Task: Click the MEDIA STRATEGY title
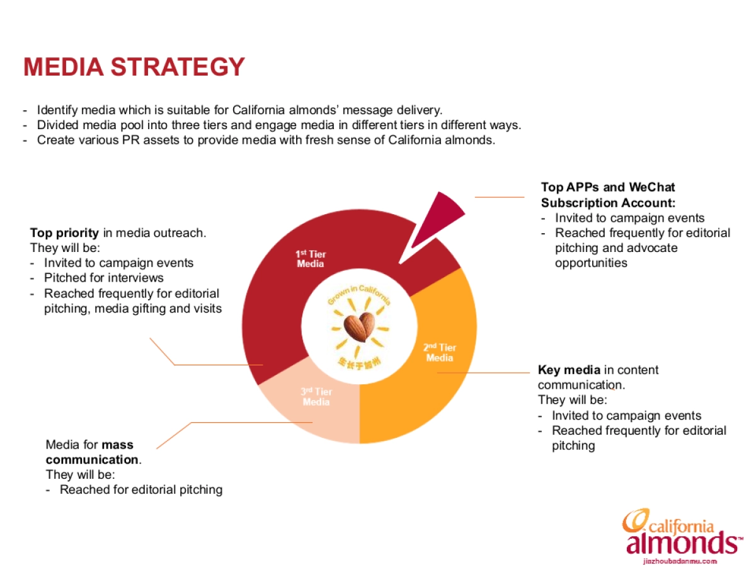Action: click(134, 67)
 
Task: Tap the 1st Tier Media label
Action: click(311, 259)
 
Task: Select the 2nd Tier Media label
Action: click(440, 353)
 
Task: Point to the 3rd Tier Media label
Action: click(316, 397)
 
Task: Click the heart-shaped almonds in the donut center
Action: click(359, 327)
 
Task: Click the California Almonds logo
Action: click(682, 532)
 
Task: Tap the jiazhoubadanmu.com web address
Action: click(680, 561)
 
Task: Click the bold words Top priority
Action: click(64, 233)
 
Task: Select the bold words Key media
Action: click(570, 370)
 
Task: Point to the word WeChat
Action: click(652, 187)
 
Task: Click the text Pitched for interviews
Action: click(104, 278)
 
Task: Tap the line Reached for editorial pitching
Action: click(141, 490)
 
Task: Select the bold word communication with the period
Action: click(94, 460)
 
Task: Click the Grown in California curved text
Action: click(359, 294)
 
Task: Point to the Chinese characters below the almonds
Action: click(359, 363)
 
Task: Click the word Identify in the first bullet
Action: click(57, 110)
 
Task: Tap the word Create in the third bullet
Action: click(56, 140)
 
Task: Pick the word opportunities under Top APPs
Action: click(591, 263)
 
